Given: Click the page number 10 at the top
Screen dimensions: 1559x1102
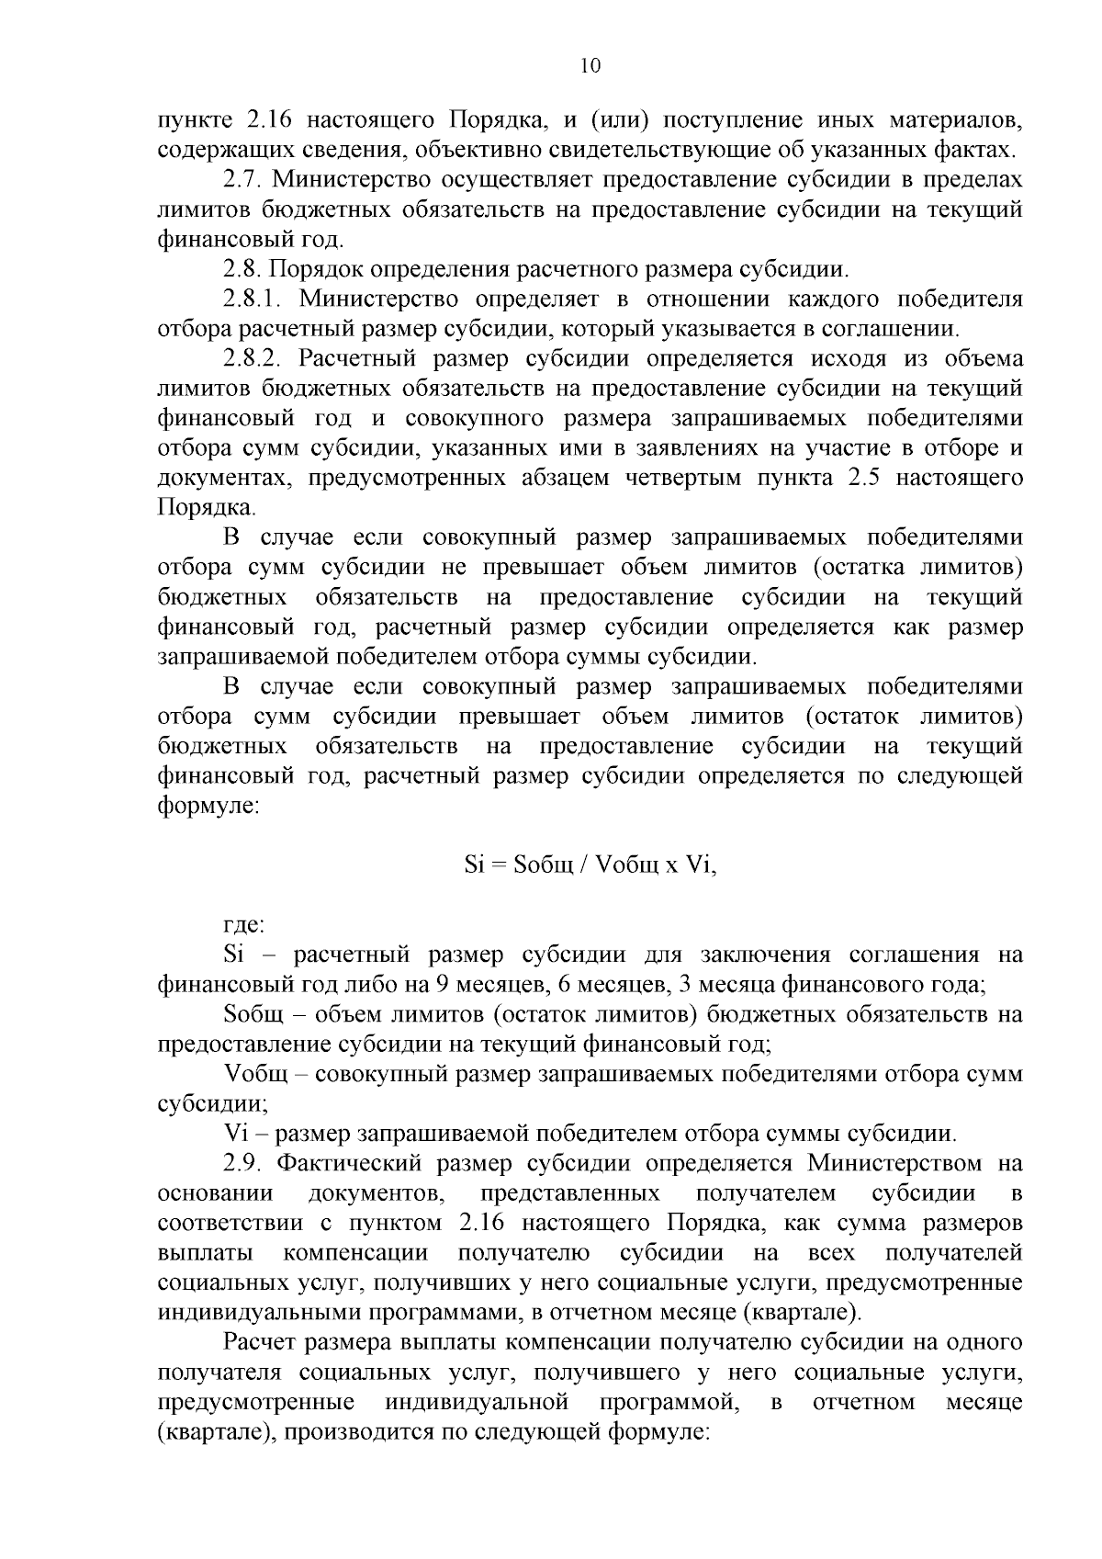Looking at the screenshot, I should coord(590,65).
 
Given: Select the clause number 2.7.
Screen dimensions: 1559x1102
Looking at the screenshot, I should coord(242,179).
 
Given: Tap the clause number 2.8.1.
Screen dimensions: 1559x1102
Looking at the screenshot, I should coord(254,299).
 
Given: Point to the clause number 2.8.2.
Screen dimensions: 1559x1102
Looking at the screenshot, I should coord(254,359).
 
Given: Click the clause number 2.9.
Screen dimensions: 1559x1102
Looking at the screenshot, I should coord(242,1164).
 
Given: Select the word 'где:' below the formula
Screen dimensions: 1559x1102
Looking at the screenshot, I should coord(244,925).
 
